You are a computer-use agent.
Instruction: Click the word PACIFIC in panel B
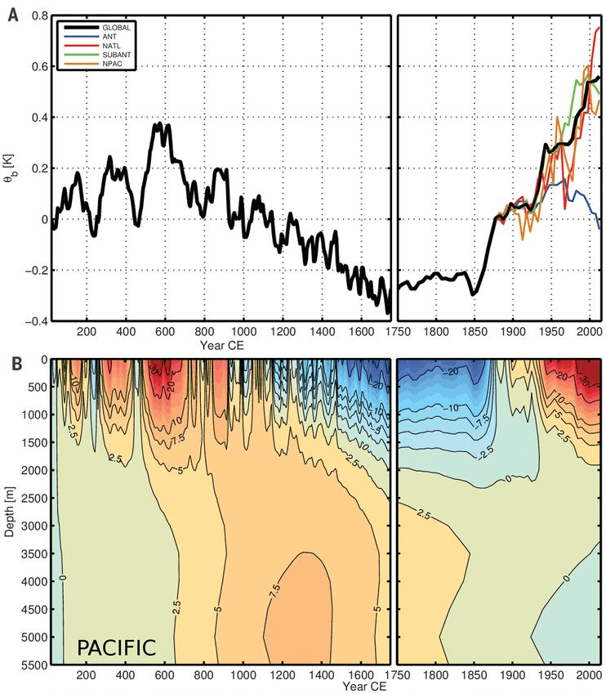pos(116,647)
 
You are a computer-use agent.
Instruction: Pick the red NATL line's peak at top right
pos(598,29)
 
